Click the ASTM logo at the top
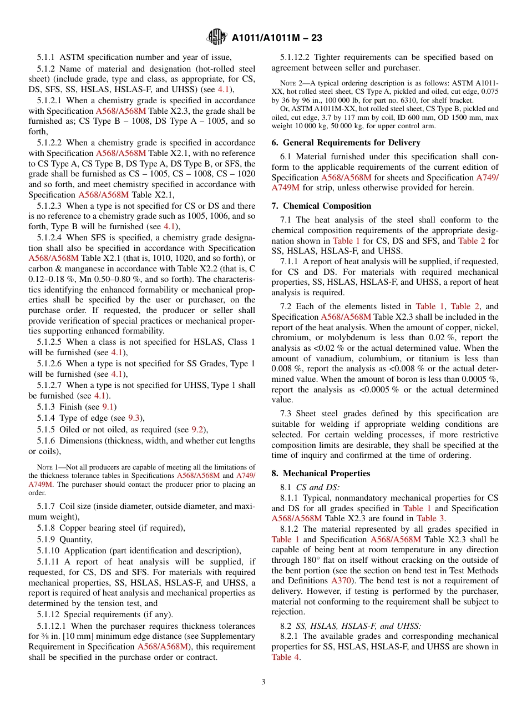[216, 37]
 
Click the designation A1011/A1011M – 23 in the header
[277, 38]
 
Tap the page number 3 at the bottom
[263, 682]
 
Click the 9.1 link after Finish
[108, 407]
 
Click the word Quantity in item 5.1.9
[76, 539]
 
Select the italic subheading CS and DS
[315, 487]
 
